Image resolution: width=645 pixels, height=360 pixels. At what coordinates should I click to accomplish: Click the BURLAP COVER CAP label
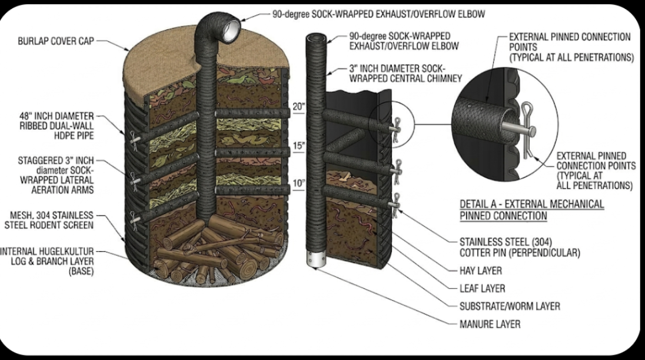pos(56,41)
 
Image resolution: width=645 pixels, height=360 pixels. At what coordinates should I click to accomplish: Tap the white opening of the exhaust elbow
pos(231,30)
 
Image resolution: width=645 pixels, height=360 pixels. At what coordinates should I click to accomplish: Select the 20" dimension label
pos(298,107)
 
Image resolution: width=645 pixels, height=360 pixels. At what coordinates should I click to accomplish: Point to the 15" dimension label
pos(299,145)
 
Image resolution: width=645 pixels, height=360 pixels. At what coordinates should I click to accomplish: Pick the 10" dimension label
pos(299,184)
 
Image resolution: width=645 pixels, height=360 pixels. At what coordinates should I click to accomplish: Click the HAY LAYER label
pos(480,271)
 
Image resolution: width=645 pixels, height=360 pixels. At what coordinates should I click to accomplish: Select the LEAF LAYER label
pos(482,288)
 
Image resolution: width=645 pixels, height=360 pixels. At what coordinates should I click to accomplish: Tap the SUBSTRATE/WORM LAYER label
pos(510,306)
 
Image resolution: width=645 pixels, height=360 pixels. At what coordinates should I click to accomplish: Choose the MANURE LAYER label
pos(490,324)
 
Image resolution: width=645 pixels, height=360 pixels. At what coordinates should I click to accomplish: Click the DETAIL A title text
pos(532,210)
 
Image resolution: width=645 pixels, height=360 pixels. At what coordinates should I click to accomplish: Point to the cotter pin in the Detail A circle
pos(528,130)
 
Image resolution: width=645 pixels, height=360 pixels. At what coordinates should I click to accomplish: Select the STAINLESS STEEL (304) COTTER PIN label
pos(520,248)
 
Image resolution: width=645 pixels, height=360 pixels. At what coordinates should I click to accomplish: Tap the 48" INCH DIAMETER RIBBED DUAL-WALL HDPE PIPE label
pos(56,126)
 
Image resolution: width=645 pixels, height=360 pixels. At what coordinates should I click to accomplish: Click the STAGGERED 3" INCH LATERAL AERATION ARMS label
pos(56,175)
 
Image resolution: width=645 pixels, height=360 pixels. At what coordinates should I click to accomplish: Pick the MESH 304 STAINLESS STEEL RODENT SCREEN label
pos(49,220)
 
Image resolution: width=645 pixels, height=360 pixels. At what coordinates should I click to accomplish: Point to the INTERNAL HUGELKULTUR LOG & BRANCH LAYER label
pos(47,261)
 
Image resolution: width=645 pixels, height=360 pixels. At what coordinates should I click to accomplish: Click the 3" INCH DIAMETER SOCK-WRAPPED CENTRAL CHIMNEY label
pos(405,74)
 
